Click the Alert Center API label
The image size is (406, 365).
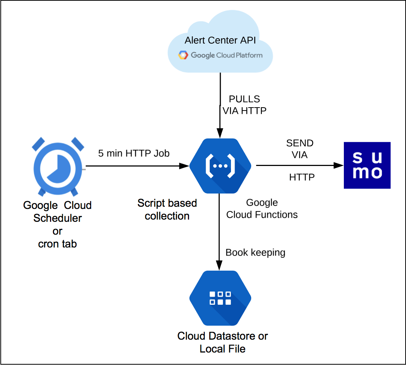(220, 40)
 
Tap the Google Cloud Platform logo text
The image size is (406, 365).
(226, 55)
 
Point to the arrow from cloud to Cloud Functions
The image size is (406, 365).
(220, 106)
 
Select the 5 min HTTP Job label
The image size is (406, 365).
(134, 153)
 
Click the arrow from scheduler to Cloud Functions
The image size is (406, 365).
(136, 166)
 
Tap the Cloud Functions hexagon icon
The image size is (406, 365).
(220, 166)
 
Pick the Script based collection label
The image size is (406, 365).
(167, 209)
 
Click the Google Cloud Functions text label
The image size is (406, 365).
(262, 209)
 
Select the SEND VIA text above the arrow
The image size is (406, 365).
(300, 149)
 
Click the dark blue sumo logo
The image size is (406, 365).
(367, 165)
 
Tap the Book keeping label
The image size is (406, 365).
(255, 252)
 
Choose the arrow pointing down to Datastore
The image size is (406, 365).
(220, 242)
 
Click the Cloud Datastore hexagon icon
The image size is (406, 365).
(220, 298)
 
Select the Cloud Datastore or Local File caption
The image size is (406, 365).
(222, 342)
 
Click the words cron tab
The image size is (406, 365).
(57, 243)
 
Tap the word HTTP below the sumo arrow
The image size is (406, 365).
(302, 177)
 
